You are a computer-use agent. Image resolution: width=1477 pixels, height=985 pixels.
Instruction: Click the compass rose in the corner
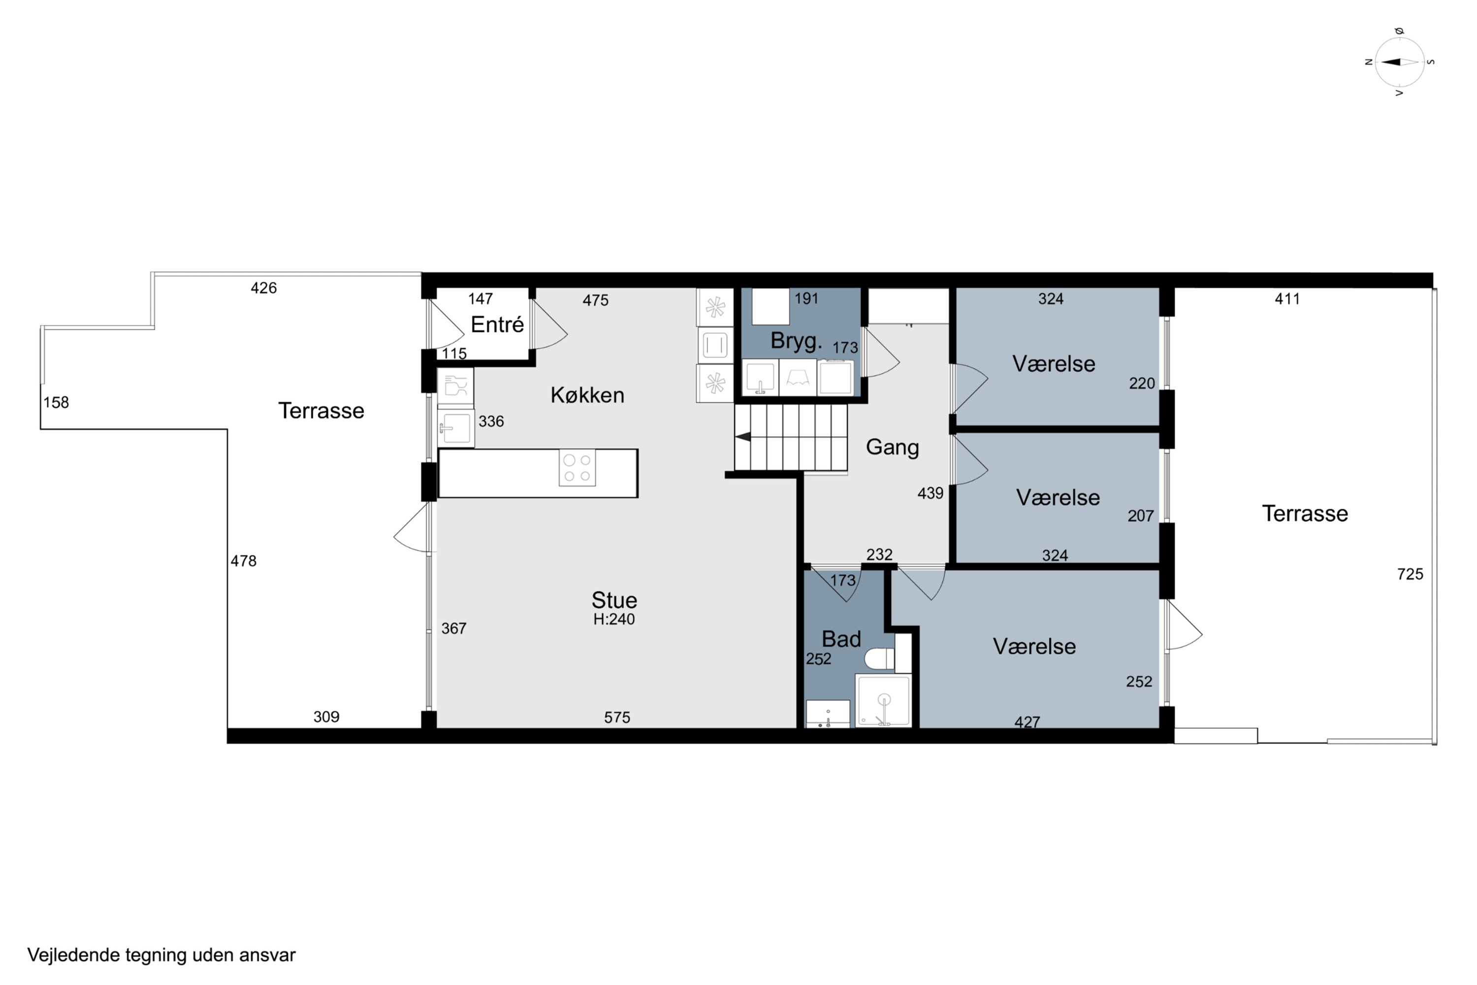pos(1399,62)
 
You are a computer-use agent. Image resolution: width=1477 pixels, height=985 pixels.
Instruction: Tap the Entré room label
pos(497,325)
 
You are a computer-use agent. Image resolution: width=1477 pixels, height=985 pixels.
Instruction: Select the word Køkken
pos(587,395)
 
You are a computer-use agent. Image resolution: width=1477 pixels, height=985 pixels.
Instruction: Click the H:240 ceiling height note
pos(613,620)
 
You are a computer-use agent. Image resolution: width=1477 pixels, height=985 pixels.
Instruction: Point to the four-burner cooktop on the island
pos(577,468)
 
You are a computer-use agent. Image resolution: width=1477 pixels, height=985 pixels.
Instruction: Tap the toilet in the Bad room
pos(879,659)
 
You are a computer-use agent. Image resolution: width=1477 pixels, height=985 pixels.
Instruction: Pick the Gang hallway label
pos(892,447)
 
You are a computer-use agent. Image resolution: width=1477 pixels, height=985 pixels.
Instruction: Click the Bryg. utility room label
pos(796,341)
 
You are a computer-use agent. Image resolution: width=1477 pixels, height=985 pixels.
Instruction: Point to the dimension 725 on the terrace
pos(1410,574)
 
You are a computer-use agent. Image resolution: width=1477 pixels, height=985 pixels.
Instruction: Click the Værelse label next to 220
pos(1054,364)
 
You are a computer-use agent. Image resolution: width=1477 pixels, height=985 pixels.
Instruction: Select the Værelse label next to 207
pos(1058,497)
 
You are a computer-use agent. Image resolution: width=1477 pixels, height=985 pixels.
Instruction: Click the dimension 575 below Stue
pos(617,718)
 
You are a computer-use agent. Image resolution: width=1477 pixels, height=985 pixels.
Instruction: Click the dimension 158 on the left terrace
pos(56,403)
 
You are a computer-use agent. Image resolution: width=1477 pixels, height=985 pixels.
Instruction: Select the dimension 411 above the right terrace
pos(1287,299)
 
